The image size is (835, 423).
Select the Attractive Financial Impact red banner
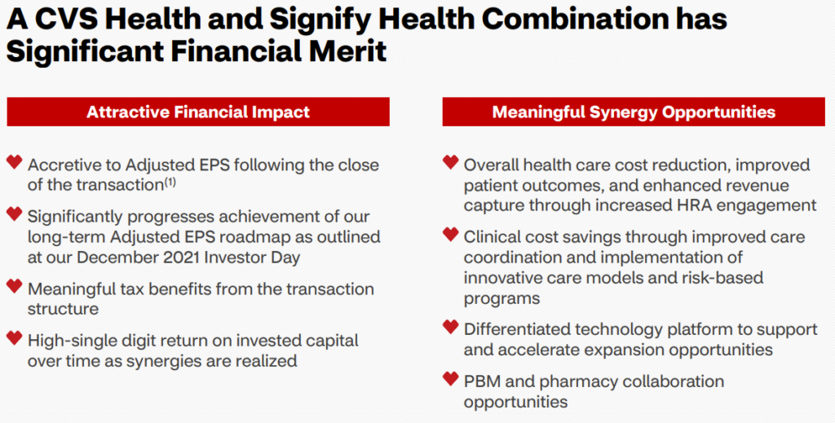click(198, 112)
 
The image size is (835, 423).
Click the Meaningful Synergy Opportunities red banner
click(634, 112)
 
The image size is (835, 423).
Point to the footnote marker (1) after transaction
click(170, 182)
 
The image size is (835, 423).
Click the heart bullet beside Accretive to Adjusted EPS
click(15, 161)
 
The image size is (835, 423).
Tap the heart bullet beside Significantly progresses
click(15, 214)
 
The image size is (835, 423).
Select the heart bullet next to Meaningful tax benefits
click(15, 286)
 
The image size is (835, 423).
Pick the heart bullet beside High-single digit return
click(15, 338)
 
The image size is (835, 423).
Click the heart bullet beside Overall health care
click(450, 161)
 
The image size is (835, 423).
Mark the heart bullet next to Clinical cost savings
click(450, 234)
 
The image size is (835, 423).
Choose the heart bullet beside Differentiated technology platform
click(450, 327)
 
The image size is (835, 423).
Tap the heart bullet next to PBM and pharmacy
click(450, 379)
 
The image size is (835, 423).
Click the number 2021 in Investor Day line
click(180, 258)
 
